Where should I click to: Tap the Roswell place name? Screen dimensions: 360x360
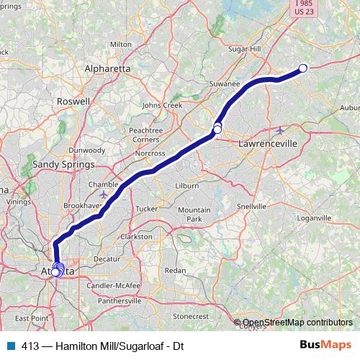point(74,102)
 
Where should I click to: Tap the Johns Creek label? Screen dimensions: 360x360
point(163,105)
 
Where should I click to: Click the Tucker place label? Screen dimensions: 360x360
point(146,209)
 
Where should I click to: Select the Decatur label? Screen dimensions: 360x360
point(107,258)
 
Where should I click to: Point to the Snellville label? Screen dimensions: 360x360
point(251,206)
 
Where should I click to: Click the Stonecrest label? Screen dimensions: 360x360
point(191,316)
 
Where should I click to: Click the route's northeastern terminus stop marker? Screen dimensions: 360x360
point(303,68)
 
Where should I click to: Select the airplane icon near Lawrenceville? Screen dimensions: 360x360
point(280,130)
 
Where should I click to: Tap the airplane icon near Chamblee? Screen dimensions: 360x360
point(105,194)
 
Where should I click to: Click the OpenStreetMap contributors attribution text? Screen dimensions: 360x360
point(297,323)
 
